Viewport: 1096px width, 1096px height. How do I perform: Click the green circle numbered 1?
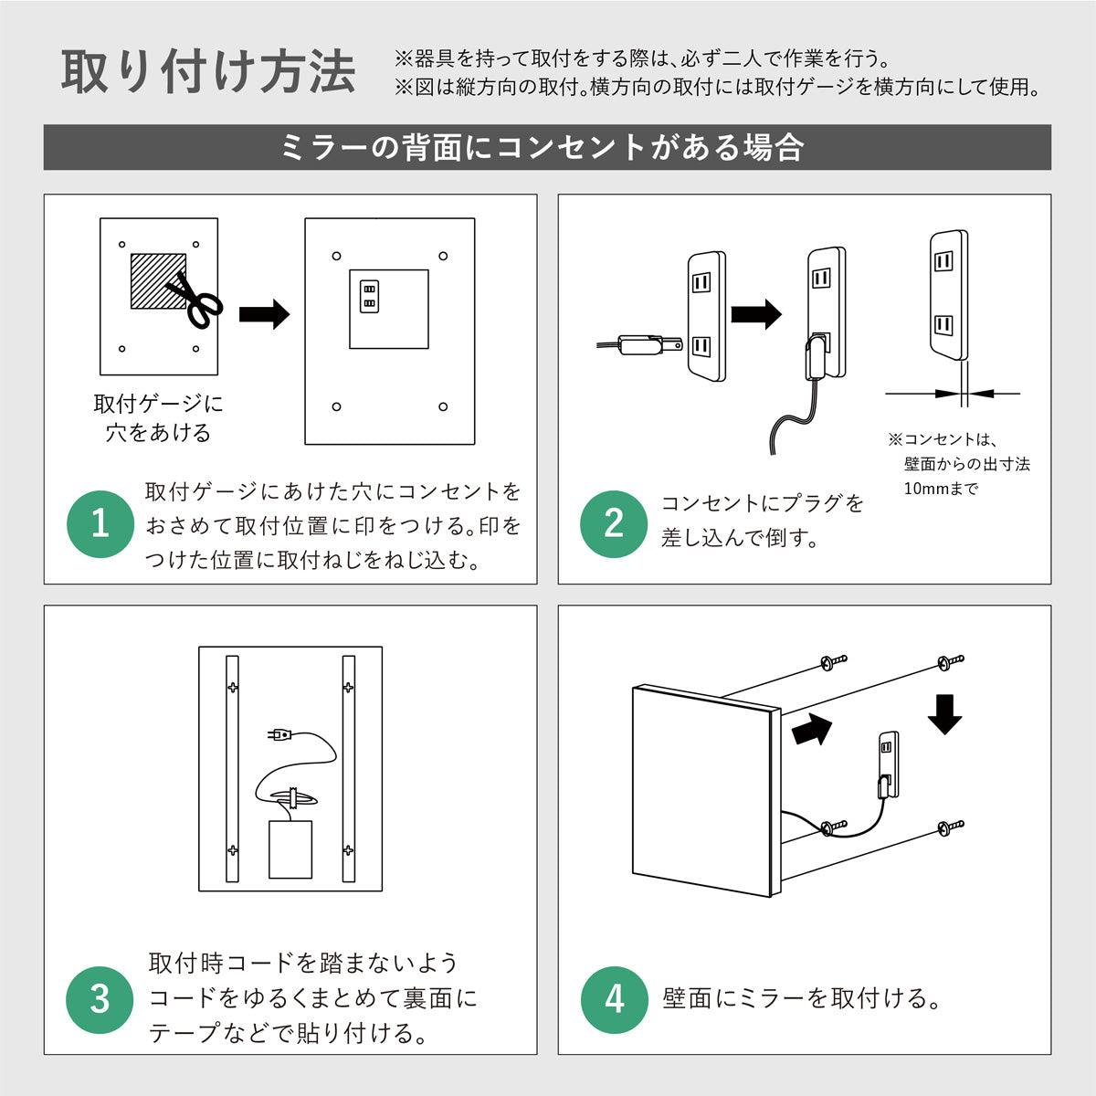(x=100, y=524)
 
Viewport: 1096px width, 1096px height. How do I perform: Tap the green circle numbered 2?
(x=614, y=524)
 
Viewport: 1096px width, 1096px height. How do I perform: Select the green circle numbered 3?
(x=100, y=999)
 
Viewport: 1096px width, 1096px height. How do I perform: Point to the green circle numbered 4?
(x=614, y=999)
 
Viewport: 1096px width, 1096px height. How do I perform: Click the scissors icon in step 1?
(x=195, y=300)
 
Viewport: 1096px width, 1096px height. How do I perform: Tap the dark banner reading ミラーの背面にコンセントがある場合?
(x=547, y=147)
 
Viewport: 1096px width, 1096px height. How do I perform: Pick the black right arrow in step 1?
(x=264, y=315)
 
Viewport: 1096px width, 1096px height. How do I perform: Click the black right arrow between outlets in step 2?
(x=756, y=314)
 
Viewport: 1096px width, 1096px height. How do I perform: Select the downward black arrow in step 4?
(x=944, y=713)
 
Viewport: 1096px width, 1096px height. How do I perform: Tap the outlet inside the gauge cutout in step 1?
(x=370, y=296)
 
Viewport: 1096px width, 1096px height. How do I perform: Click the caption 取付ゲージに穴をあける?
(x=158, y=417)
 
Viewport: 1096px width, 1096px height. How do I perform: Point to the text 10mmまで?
(x=941, y=489)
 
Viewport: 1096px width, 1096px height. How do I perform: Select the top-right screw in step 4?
(x=949, y=661)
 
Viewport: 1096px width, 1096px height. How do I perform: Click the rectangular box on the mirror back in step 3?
(x=290, y=849)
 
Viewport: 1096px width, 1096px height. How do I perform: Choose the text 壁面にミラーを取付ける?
(x=802, y=998)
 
